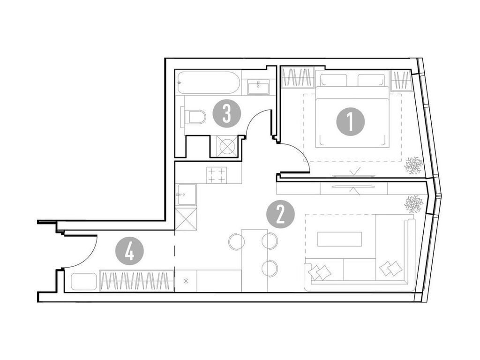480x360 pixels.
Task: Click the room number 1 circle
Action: pyautogui.click(x=350, y=122)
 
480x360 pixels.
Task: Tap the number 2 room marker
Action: pyautogui.click(x=280, y=214)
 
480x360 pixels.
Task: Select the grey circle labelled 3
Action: pyautogui.click(x=226, y=114)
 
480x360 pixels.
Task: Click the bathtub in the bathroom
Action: pyautogui.click(x=209, y=82)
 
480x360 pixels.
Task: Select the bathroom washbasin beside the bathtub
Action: pyautogui.click(x=258, y=87)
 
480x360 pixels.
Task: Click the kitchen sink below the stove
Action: pyautogui.click(x=187, y=195)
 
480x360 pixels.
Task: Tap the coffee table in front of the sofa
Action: pyautogui.click(x=339, y=239)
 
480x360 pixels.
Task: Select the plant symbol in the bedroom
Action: pyautogui.click(x=413, y=165)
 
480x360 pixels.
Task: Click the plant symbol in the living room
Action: pyautogui.click(x=413, y=204)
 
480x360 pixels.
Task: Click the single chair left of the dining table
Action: pyautogui.click(x=236, y=242)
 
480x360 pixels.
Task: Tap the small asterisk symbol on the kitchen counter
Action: pyautogui.click(x=187, y=281)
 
